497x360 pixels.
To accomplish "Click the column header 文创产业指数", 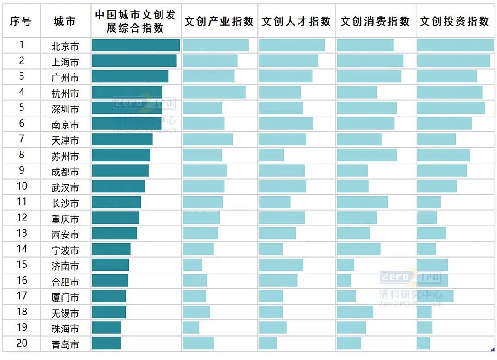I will [x=219, y=21].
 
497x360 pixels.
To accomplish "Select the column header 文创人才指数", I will [x=296, y=21].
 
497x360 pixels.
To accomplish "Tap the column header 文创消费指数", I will [x=375, y=21].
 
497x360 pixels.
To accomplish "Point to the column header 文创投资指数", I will [x=455, y=21].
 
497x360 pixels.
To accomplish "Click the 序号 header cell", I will [x=21, y=21].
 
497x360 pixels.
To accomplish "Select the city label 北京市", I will [x=65, y=46].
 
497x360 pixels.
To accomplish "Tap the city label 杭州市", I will [x=65, y=93].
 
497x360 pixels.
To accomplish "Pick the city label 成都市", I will [x=65, y=172].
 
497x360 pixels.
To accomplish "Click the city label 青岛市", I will [x=65, y=344].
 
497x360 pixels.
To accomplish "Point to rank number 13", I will [x=22, y=233].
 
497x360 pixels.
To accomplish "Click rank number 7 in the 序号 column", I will [x=22, y=139].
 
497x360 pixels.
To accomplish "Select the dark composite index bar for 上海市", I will [x=134, y=61].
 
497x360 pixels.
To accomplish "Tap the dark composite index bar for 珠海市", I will [x=106, y=328].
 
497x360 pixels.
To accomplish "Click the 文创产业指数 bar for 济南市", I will [x=192, y=265].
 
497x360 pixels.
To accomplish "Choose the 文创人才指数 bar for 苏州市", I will [x=272, y=155].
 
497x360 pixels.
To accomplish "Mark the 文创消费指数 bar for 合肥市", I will [x=344, y=280].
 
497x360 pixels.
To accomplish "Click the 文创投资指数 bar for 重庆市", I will [x=427, y=218].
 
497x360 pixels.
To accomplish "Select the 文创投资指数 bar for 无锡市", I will [x=424, y=312].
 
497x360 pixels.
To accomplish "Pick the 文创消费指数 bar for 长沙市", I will [x=362, y=202].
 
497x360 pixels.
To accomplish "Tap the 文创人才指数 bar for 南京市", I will [x=286, y=123].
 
